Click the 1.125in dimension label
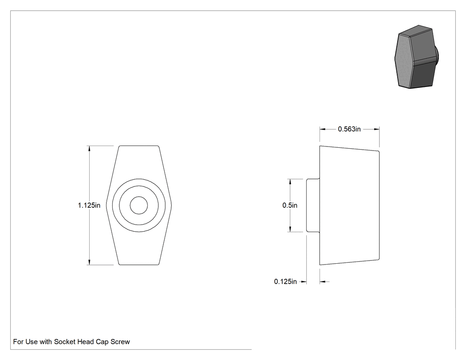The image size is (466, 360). point(89,205)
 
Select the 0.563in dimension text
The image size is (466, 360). point(349,129)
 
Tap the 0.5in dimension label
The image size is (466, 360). point(290,205)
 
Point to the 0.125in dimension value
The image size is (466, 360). point(285,281)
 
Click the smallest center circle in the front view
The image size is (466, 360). point(139,205)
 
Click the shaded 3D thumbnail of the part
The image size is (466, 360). point(417,57)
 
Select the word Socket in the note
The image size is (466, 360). point(64,342)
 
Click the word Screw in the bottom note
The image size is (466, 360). point(120,342)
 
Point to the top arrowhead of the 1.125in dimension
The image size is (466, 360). point(89,149)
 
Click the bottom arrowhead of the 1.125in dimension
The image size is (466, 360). point(89,262)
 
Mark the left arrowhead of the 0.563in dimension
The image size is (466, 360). point(323,129)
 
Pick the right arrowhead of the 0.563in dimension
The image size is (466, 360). point(376,129)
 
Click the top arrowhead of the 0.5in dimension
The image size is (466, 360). point(290,182)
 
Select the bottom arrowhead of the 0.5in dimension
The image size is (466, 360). point(290,229)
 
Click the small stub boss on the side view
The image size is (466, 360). point(313,205)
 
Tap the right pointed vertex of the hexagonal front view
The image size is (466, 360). point(171,205)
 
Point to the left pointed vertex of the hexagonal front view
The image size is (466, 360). point(106,205)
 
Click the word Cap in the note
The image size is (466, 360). point(102,342)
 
